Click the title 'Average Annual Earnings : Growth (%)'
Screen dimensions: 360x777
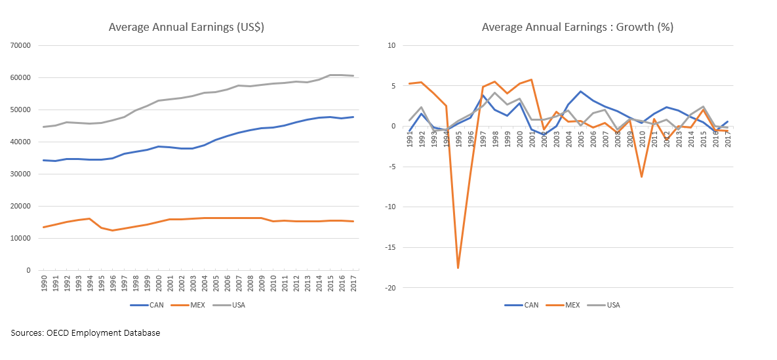click(x=577, y=27)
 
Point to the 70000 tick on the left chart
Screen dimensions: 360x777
click(x=22, y=45)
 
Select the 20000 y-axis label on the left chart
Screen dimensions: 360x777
click(x=22, y=206)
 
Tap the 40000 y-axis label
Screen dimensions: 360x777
click(x=22, y=142)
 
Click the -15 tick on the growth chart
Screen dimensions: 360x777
click(x=393, y=247)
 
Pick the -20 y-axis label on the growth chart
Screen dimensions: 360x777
click(x=393, y=288)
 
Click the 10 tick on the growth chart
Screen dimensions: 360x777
click(x=394, y=45)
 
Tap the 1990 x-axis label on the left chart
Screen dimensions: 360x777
click(x=43, y=284)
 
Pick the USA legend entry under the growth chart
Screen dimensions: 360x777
click(x=612, y=305)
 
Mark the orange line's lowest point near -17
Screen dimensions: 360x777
click(x=458, y=268)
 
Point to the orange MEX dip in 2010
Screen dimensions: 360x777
click(x=641, y=177)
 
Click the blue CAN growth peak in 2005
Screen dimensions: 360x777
click(x=580, y=91)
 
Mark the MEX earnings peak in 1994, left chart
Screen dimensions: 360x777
click(x=89, y=218)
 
